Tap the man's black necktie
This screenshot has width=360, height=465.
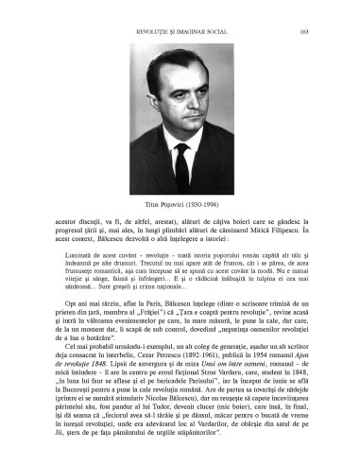181,165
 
